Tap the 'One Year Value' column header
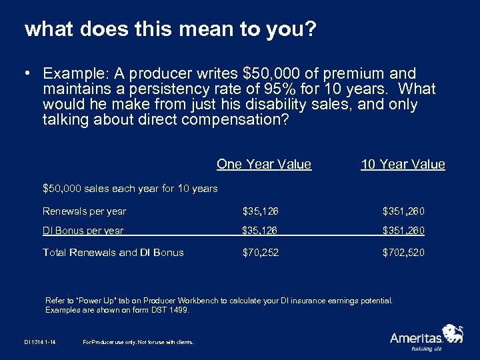click(x=264, y=164)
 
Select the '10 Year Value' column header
click(x=403, y=164)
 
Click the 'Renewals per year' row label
click(x=84, y=211)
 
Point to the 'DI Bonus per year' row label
click(x=83, y=231)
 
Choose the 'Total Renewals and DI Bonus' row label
click(x=113, y=252)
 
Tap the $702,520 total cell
click(x=403, y=252)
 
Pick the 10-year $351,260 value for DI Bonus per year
click(x=403, y=231)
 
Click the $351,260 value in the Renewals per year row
click(x=403, y=211)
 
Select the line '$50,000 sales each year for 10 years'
click(x=130, y=189)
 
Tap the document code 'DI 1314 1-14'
click(x=35, y=342)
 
